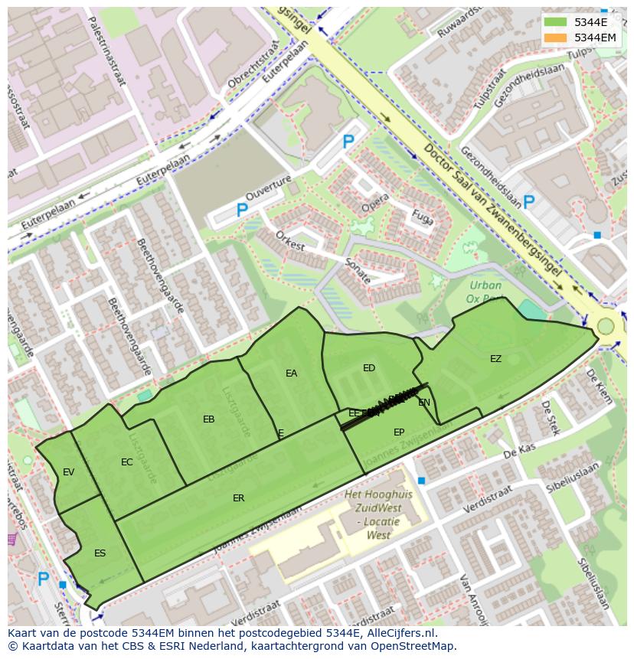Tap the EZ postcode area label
point(495,358)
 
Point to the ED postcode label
point(369,368)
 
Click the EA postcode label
point(291,374)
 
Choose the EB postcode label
point(208,419)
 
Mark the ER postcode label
point(238,498)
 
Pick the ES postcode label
point(100,553)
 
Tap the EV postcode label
point(68,472)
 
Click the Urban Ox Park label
point(485,292)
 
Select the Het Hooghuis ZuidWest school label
point(378,515)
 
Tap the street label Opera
point(375,204)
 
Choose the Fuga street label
point(422,217)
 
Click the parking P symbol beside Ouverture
point(242,210)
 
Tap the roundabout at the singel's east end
point(606,327)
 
